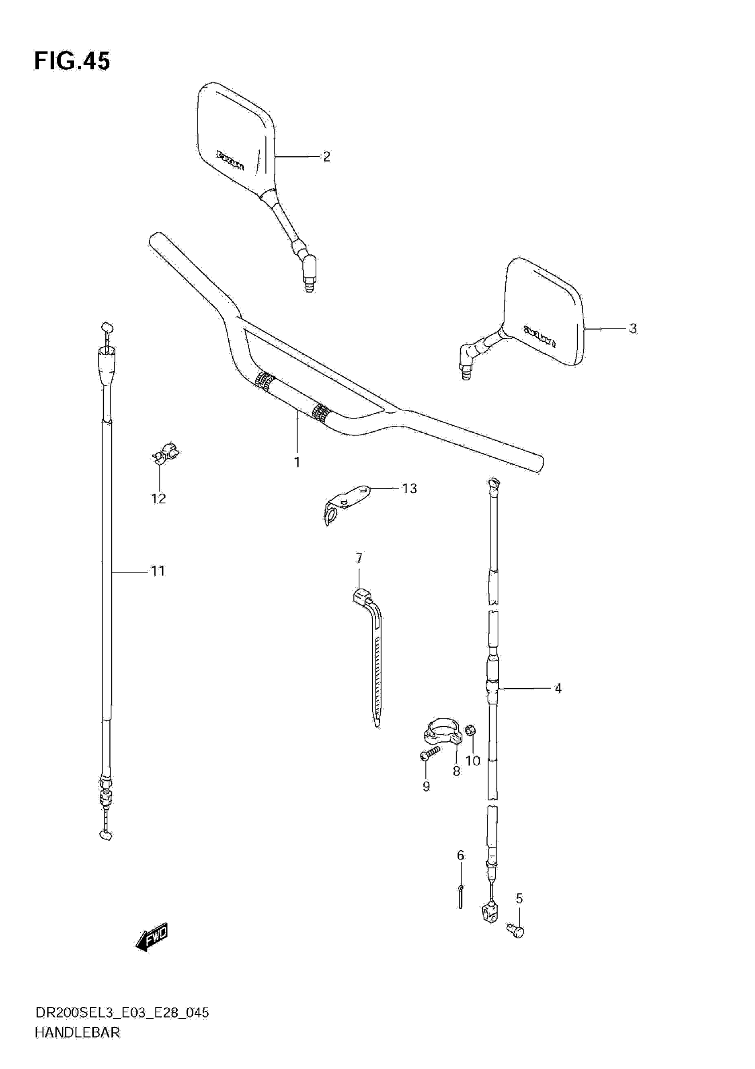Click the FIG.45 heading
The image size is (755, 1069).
[72, 61]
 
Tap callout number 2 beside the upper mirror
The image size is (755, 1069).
[326, 157]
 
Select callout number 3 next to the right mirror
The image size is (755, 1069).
[632, 329]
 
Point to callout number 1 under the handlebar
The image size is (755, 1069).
[297, 462]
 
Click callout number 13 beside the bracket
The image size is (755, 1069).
[409, 488]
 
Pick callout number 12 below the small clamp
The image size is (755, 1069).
[159, 499]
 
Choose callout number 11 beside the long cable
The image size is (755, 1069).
[158, 571]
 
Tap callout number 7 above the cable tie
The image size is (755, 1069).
[359, 558]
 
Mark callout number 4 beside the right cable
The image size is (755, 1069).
[558, 688]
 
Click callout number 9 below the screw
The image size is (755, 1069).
[426, 786]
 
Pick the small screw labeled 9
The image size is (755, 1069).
[430, 753]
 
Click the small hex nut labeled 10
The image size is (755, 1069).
[471, 729]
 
